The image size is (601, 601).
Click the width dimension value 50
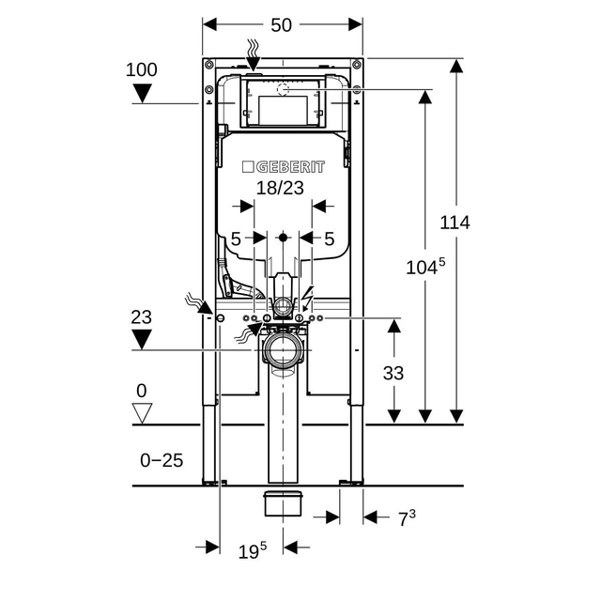point(282,25)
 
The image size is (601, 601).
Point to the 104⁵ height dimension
point(424,267)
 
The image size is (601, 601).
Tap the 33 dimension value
point(393,373)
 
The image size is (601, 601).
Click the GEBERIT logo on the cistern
point(284,167)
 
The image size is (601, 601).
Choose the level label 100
point(142,69)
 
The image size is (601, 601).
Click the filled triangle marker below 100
point(142,92)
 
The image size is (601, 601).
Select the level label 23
point(141,317)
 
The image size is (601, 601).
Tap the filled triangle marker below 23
point(141,340)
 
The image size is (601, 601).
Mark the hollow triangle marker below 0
point(142,412)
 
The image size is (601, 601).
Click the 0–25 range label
point(162,460)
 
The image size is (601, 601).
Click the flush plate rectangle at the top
point(282,103)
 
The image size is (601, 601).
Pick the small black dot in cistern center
point(283,237)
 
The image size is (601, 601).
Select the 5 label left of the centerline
point(236,239)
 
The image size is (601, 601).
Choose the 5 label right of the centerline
point(329,239)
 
